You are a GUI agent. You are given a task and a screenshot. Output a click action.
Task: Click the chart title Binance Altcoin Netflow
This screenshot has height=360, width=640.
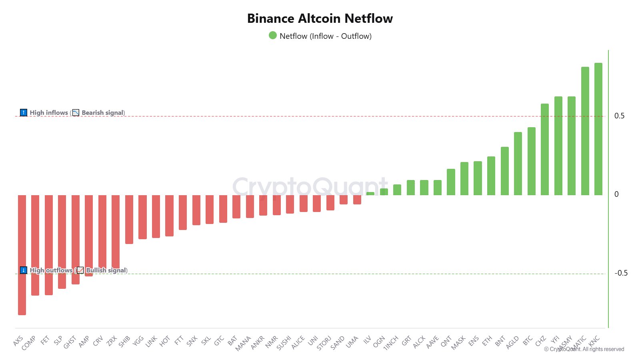(320, 18)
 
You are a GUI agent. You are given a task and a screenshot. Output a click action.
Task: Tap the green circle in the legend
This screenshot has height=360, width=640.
(273, 36)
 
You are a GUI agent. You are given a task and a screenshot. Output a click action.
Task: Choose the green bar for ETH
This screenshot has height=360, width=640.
(491, 176)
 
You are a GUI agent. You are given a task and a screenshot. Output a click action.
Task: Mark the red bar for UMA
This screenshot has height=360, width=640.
(357, 200)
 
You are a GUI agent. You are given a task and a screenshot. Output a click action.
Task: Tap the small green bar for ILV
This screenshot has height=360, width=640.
(370, 194)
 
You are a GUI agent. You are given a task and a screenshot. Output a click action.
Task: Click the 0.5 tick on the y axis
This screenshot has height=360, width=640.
(619, 116)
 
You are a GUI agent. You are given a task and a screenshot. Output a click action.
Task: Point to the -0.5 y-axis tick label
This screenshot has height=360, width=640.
(621, 273)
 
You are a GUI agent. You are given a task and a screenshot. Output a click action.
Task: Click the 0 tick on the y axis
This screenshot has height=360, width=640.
(616, 194)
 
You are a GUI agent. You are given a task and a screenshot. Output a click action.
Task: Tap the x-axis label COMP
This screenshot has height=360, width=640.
(29, 343)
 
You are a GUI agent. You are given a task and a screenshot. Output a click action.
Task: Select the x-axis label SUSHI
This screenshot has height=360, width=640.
(284, 343)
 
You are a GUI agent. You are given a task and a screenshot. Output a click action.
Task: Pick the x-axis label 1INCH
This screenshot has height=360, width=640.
(391, 343)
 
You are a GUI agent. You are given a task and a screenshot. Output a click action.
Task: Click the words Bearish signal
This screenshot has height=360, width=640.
(103, 113)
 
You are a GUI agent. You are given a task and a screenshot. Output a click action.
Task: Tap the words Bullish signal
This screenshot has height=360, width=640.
(106, 270)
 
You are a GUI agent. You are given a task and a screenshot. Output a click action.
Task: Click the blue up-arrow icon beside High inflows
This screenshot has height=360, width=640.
(24, 113)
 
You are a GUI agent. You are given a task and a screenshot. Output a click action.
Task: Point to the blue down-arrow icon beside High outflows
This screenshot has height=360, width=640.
(24, 270)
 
